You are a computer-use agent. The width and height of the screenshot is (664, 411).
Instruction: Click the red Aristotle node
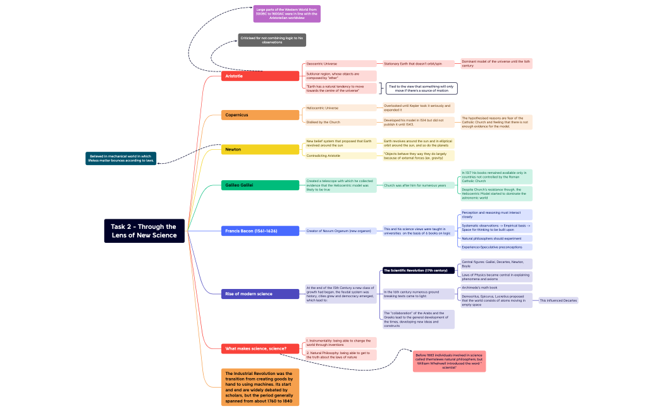tap(261, 76)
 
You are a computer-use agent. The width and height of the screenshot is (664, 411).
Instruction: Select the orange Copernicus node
tap(261, 114)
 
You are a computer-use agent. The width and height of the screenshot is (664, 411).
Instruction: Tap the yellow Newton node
tap(261, 149)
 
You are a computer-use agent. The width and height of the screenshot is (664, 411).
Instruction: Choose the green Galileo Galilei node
tap(261, 185)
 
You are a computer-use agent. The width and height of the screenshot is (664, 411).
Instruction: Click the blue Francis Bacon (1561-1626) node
tap(261, 231)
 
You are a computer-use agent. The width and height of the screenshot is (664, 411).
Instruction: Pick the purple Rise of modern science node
tap(261, 293)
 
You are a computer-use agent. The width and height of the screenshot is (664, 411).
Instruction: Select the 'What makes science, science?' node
tap(261, 348)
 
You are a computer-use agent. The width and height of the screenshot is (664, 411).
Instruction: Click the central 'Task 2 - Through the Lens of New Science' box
tap(145, 231)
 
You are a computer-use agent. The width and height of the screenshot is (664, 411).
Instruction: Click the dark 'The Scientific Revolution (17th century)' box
tap(418, 270)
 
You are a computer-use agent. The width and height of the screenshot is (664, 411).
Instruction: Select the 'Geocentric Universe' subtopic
tap(341, 63)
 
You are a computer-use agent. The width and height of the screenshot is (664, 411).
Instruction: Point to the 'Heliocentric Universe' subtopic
tap(341, 108)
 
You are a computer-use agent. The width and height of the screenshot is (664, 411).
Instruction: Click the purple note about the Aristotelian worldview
tap(287, 14)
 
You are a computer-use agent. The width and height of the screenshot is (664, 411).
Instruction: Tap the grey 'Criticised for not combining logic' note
tap(272, 40)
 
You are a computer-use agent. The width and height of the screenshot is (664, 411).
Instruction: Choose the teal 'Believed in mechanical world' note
tap(121, 158)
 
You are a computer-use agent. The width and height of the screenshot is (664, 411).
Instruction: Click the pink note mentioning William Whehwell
tap(450, 361)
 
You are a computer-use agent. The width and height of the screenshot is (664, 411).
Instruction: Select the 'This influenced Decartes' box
tap(558, 300)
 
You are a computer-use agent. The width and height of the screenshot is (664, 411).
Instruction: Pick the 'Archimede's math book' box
tap(496, 287)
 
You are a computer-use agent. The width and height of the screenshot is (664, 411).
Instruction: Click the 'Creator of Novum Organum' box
tap(341, 231)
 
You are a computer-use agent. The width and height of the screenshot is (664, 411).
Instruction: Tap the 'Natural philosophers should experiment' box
tap(496, 238)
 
